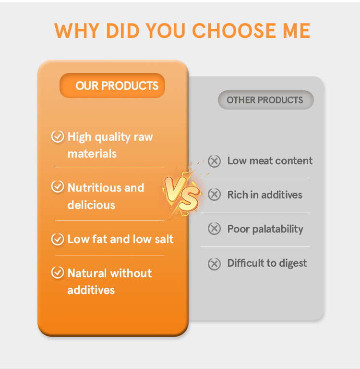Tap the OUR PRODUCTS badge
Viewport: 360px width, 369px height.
tap(112, 86)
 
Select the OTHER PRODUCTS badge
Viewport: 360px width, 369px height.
tap(265, 100)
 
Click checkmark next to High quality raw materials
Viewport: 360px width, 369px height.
tap(58, 137)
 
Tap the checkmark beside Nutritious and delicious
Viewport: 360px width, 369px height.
tap(58, 187)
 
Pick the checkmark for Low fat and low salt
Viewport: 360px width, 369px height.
tap(58, 239)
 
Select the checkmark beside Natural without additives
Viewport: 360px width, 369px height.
tap(58, 273)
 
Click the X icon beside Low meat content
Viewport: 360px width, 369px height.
tap(214, 161)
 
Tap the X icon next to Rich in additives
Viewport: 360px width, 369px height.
tap(214, 195)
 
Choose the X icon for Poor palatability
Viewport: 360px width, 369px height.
tap(214, 229)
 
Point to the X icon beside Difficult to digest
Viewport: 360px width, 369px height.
tap(214, 263)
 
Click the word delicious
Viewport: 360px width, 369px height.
tap(91, 205)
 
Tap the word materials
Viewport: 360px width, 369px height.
tap(92, 154)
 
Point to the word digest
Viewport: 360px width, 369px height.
tap(292, 263)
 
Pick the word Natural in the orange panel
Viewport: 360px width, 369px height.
tap(86, 273)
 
